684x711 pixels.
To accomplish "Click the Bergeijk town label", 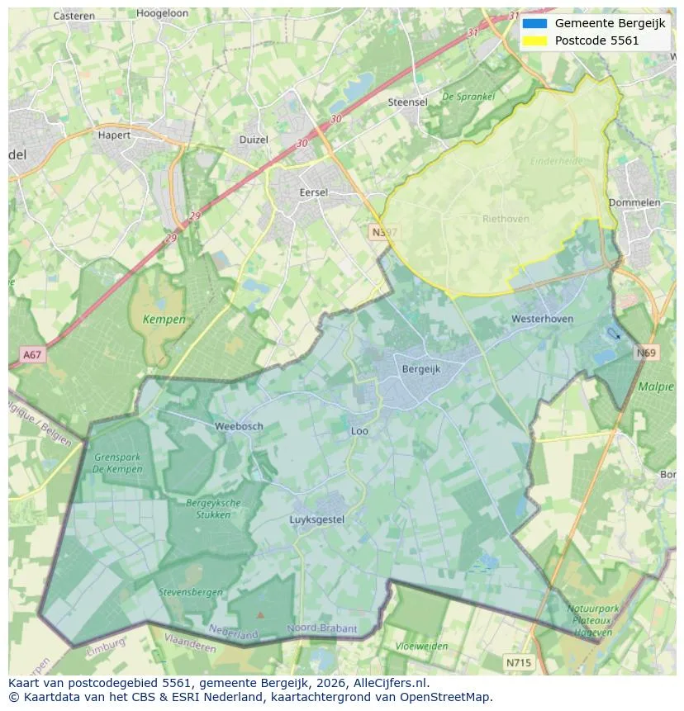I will [x=420, y=369].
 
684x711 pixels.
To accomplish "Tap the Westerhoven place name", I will [x=542, y=319].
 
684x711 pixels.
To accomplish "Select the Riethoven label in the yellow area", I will [x=506, y=219].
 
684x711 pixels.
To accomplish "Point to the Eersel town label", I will [x=313, y=192].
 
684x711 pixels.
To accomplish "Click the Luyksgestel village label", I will [x=317, y=519].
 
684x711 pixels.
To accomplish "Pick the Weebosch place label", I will [x=239, y=426].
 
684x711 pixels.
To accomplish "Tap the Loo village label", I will [x=359, y=431].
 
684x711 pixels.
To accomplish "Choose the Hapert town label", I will [x=114, y=135].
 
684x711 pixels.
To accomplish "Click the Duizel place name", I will [x=254, y=140].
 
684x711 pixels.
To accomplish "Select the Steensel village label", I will [x=407, y=102].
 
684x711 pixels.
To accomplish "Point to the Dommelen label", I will [x=634, y=202].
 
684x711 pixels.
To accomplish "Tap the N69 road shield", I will [x=647, y=353].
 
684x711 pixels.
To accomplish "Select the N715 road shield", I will [x=519, y=662].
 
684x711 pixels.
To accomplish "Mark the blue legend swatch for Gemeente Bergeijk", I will [x=534, y=23].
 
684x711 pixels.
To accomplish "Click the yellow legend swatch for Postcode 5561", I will [x=534, y=40].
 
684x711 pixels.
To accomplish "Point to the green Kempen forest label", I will [x=164, y=319].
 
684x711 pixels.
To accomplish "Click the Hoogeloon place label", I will [x=163, y=15].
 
